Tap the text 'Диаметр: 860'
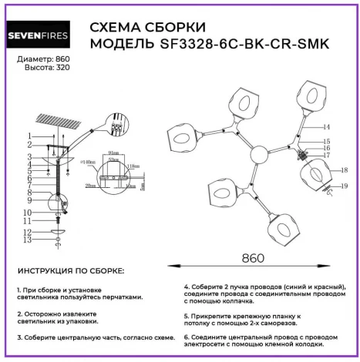[x=43, y=59]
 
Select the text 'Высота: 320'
[x=40, y=68]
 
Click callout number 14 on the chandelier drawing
[x=327, y=126]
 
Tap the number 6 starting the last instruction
[x=187, y=337]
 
